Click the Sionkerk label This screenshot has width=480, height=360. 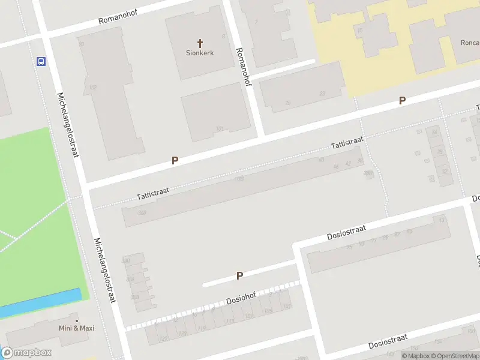click(x=200, y=53)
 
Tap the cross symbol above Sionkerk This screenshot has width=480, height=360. click(x=200, y=43)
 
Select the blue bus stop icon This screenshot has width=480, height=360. click(x=41, y=61)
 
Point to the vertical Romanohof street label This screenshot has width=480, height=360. click(x=244, y=67)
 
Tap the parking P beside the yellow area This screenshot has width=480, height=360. click(x=402, y=101)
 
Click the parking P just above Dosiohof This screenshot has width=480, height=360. click(x=239, y=276)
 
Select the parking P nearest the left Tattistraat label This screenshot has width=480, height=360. click(x=175, y=160)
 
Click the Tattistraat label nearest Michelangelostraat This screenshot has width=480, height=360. click(x=153, y=193)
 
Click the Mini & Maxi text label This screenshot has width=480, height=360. click(x=76, y=328)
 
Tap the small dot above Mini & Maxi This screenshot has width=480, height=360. click(x=76, y=320)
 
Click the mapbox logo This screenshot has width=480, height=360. click(x=26, y=353)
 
